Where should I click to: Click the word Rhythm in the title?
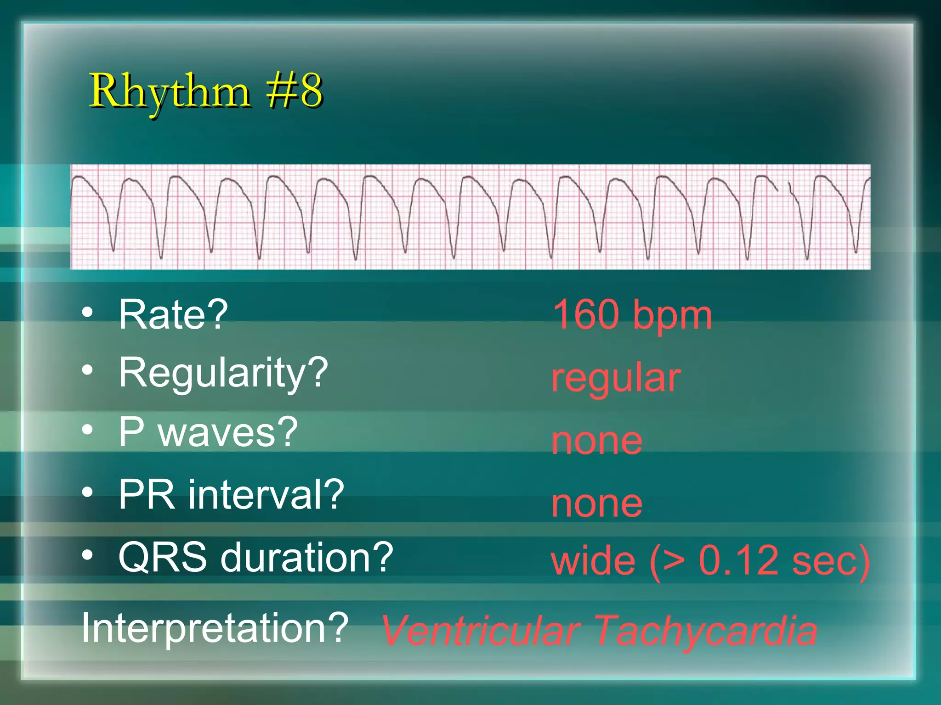[x=170, y=92]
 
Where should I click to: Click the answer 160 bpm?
[x=632, y=315]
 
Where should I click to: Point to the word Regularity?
[x=223, y=374]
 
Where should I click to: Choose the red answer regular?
[x=616, y=378]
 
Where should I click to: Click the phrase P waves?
[x=208, y=432]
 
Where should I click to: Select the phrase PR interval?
[x=231, y=495]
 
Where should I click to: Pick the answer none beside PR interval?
[x=597, y=504]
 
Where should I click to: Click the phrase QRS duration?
[x=255, y=558]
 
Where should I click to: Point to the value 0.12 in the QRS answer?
[x=739, y=560]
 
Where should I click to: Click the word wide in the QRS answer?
[x=593, y=560]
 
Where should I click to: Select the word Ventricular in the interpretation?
[x=481, y=632]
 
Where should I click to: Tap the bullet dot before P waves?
[x=87, y=430]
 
